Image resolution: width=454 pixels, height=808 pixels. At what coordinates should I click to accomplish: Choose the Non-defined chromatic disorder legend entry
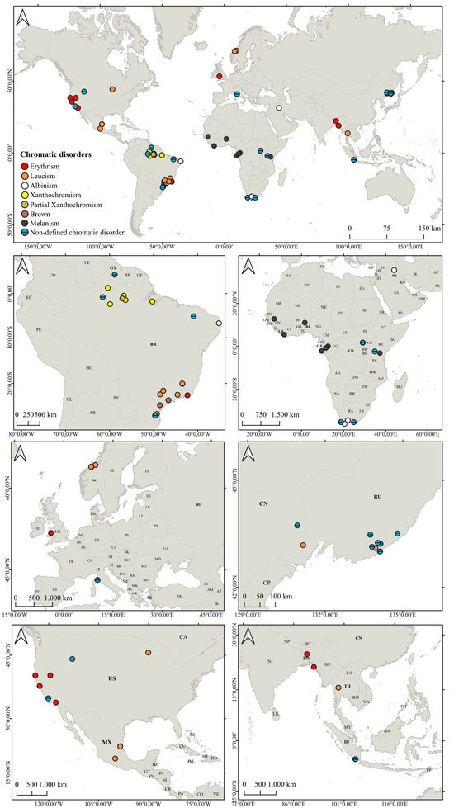(x=74, y=233)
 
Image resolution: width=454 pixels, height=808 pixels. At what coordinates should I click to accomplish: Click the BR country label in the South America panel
(x=154, y=343)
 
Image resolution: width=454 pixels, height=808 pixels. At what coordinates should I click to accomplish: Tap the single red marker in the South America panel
(x=188, y=395)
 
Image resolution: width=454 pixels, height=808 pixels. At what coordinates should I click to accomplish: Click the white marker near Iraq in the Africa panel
(x=394, y=271)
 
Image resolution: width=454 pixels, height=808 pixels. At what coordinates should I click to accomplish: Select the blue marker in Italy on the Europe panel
(x=97, y=579)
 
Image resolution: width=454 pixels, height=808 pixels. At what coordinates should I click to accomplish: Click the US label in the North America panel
(x=112, y=678)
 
